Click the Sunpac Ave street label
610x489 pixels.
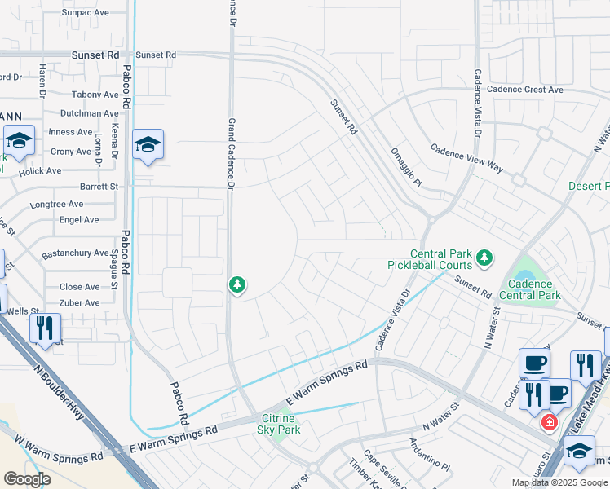pyautogui.click(x=86, y=13)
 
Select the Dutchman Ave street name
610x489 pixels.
pyautogui.click(x=90, y=113)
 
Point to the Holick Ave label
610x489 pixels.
pyautogui.click(x=41, y=171)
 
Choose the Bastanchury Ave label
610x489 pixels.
pyautogui.click(x=75, y=253)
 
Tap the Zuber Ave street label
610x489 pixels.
pyautogui.click(x=80, y=303)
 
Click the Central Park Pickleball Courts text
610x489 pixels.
pyautogui.click(x=440, y=259)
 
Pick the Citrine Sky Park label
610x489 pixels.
pyautogui.click(x=280, y=424)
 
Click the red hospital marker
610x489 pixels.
pyautogui.click(x=550, y=422)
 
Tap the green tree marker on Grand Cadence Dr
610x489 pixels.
pyautogui.click(x=236, y=285)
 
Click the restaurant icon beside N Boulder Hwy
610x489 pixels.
pyautogui.click(x=45, y=328)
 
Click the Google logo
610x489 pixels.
pyautogui.click(x=26, y=479)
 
